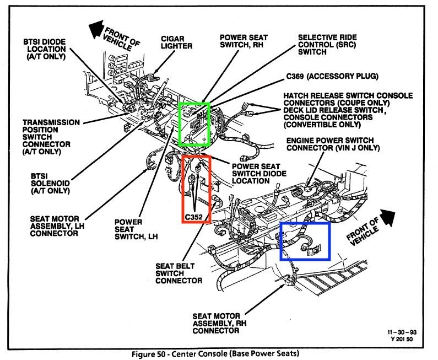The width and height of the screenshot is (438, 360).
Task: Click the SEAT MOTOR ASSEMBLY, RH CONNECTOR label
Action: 215,323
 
